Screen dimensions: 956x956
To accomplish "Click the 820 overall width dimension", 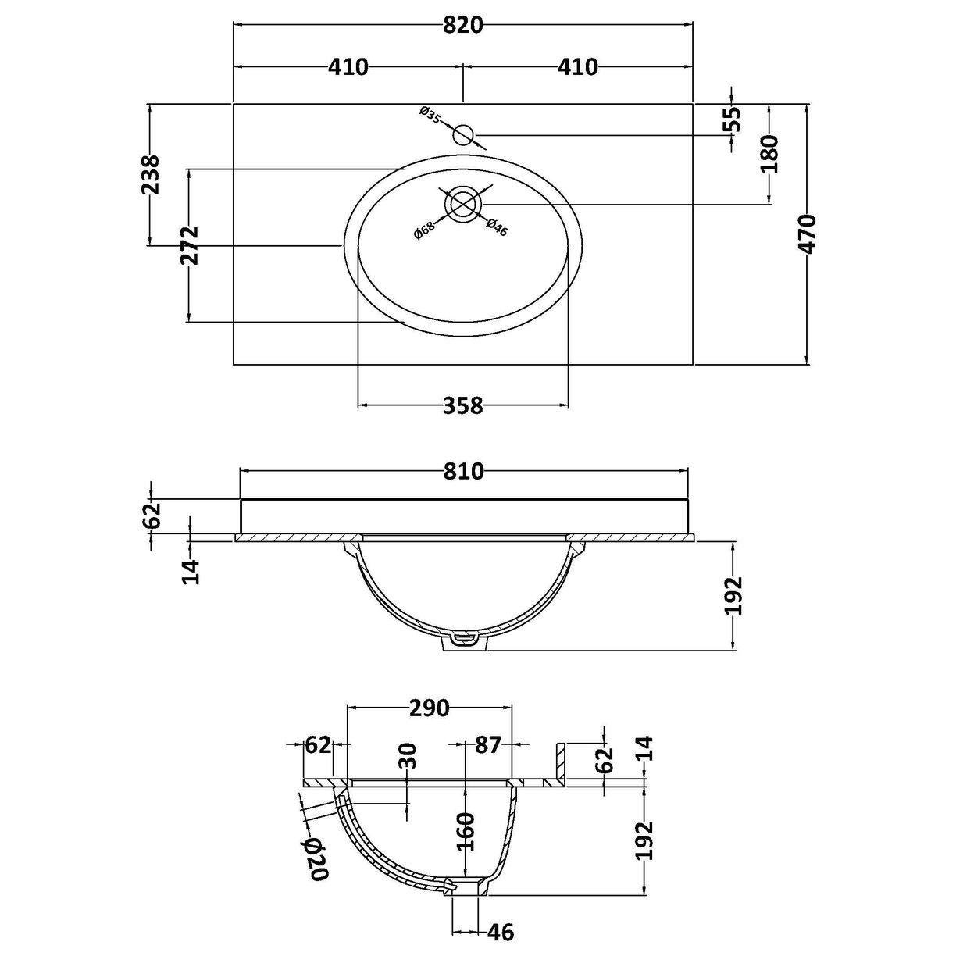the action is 462,25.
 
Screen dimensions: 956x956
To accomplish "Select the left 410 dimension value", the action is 348,67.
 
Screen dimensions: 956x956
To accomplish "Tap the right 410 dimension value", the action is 578,67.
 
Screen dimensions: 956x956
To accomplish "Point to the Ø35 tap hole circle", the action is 465,134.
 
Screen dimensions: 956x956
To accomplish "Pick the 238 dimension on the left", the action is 150,175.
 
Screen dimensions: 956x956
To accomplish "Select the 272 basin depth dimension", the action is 190,245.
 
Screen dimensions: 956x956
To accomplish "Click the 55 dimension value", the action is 732,119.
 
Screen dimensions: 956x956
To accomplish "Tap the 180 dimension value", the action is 769,154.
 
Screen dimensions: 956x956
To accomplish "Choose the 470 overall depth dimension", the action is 808,234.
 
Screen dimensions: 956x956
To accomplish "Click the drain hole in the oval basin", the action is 463,204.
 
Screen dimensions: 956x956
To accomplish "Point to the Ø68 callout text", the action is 424,230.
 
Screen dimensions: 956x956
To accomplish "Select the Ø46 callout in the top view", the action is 496,227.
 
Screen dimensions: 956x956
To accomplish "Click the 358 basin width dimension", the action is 462,406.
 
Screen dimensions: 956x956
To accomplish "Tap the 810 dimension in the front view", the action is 463,471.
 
